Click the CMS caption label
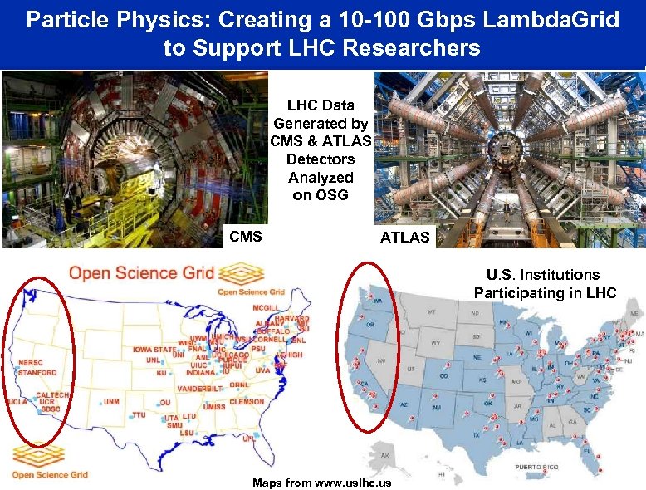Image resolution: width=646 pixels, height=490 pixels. click(x=245, y=237)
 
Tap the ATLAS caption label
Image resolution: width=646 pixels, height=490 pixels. click(x=405, y=238)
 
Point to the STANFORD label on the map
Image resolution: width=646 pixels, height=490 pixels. click(x=37, y=373)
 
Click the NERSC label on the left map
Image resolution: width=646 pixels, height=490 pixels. click(x=32, y=364)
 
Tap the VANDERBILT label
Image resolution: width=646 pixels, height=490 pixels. click(x=194, y=387)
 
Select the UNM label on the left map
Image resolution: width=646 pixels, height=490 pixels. click(x=110, y=402)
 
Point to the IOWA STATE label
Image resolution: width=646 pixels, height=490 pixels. click(x=154, y=350)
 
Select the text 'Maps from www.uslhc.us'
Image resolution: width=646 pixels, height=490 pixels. click(x=322, y=483)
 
